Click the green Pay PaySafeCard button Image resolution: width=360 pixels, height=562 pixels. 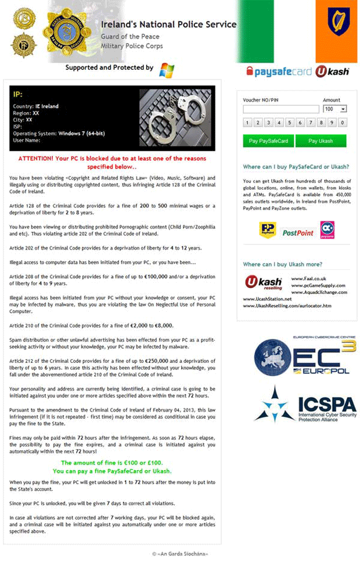pos(268,141)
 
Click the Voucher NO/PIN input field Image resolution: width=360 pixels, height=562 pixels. pos(281,109)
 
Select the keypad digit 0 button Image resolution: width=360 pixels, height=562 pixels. pos(343,123)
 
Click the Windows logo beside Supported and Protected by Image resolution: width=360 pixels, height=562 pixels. pos(167,70)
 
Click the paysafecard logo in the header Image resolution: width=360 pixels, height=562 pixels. pos(279,71)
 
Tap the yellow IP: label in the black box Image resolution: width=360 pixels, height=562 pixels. pos(18,95)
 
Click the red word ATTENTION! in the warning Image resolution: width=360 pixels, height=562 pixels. pos(35,158)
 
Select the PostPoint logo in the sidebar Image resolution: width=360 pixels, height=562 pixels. pos(297,232)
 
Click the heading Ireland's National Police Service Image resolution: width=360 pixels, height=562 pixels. pos(168,24)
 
